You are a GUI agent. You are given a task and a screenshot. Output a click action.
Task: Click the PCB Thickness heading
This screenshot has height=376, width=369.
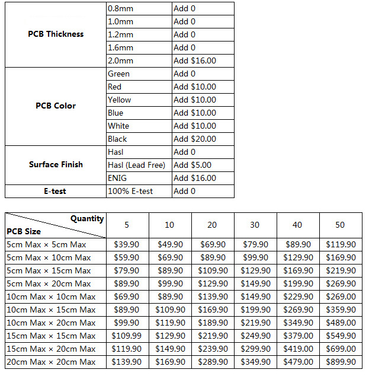coord(56,34)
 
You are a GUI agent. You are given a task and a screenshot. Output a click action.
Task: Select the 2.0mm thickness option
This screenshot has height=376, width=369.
coord(121,60)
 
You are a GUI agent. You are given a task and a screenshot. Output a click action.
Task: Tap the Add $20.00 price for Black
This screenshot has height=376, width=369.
coord(195,139)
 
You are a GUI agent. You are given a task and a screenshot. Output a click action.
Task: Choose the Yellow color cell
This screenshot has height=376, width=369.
coord(120,100)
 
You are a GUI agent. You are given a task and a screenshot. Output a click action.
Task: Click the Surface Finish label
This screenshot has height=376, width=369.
coord(56,164)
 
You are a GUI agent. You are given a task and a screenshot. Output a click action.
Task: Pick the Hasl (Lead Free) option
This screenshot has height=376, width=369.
coord(136,165)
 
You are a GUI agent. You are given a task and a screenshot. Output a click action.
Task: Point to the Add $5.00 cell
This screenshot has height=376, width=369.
coord(192,165)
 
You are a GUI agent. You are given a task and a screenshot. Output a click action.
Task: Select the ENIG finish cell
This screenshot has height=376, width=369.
coord(117,178)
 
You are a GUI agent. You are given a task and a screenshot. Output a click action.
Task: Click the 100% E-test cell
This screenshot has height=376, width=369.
coord(130,191)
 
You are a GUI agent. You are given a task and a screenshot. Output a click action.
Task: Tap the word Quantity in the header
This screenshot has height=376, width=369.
coord(87,218)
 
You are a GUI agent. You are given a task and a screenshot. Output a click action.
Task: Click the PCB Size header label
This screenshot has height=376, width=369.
coord(24,231)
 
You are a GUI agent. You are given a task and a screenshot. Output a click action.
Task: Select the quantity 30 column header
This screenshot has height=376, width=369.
coord(255,225)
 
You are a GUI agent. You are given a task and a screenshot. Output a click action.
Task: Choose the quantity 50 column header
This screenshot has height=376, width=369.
coord(340,225)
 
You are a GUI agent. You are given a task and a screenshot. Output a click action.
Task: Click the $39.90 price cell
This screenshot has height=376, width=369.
coord(127,244)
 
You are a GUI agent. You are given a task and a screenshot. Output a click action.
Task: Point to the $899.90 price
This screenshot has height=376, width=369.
coord(341,362)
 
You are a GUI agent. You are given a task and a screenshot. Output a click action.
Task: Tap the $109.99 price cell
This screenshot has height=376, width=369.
coord(127,336)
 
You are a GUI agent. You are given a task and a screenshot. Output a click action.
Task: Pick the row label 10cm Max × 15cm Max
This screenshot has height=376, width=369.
coord(51,310)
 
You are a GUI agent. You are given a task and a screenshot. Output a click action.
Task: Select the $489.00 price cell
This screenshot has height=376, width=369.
coord(341,323)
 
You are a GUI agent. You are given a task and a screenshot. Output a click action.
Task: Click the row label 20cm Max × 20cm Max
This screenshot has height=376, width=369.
coord(51,362)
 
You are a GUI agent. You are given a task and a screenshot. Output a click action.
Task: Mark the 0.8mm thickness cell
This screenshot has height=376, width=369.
coord(120,8)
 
